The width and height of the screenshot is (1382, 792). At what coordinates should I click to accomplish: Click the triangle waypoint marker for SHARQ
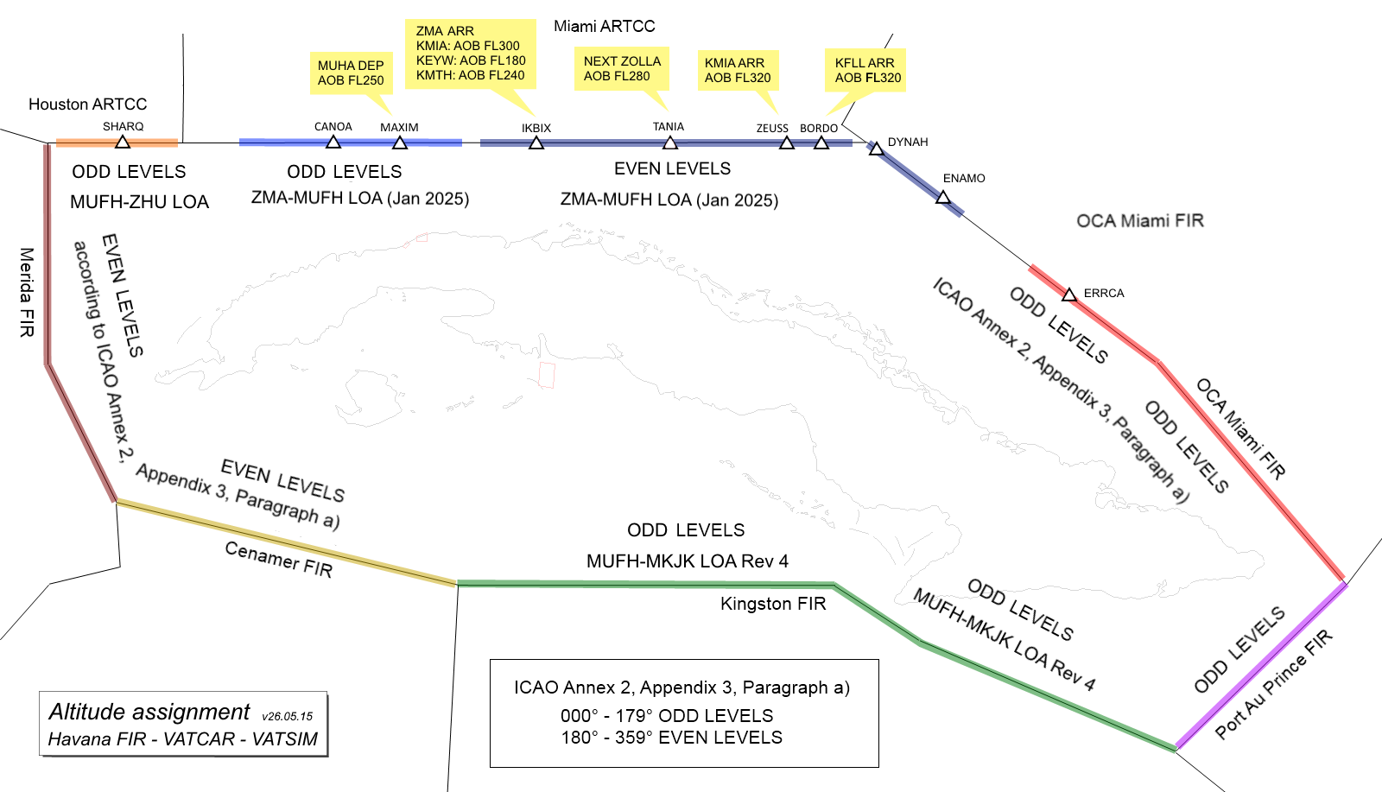(x=123, y=143)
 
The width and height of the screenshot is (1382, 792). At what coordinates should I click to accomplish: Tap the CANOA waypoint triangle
(x=333, y=143)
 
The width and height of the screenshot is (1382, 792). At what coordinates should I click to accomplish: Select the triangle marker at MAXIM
(x=400, y=143)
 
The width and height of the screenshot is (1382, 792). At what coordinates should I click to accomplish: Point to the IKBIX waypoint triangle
(x=536, y=143)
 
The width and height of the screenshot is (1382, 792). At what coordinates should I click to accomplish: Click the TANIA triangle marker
(x=670, y=143)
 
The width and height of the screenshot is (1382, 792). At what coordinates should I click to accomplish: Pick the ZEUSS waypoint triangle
(x=787, y=143)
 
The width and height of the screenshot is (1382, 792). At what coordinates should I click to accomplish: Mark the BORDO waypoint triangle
(x=821, y=143)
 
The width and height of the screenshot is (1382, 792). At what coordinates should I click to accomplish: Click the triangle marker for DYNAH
(x=876, y=149)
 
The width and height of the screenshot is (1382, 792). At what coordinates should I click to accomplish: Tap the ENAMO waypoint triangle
(x=942, y=198)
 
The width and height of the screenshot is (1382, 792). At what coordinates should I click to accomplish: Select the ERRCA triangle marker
(x=1069, y=295)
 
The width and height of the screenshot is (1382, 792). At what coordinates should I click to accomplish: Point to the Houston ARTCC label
(x=87, y=105)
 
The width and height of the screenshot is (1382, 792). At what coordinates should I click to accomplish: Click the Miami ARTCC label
(x=605, y=26)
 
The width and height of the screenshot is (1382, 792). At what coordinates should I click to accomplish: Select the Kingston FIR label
(x=773, y=603)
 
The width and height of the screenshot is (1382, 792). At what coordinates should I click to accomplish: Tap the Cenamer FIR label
(x=278, y=560)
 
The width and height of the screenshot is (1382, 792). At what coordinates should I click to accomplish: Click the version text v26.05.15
(x=288, y=716)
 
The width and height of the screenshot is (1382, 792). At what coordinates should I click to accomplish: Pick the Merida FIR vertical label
(x=27, y=293)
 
